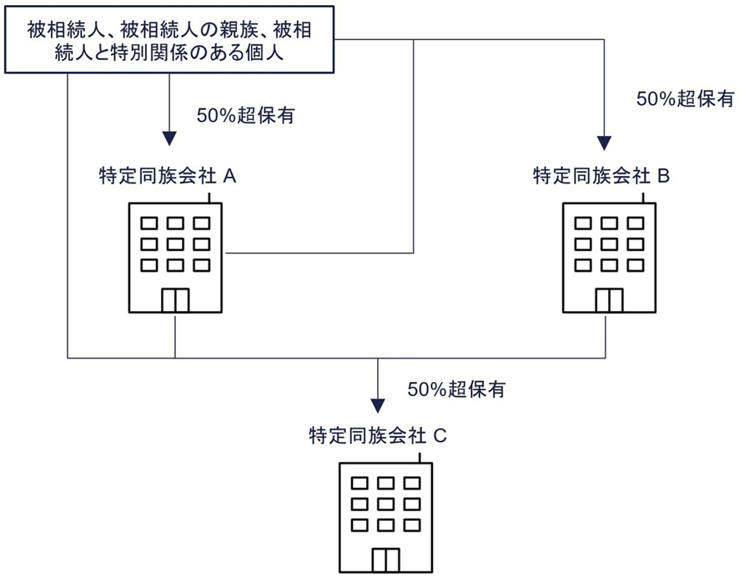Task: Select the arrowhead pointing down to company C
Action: (x=378, y=405)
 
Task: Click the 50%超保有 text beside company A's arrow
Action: (x=245, y=116)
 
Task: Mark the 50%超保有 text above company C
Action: (x=455, y=389)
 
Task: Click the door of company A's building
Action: (x=175, y=299)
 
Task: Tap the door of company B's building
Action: (x=609, y=299)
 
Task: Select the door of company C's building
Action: (x=385, y=559)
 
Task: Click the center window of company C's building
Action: (x=385, y=504)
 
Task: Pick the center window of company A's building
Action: (x=175, y=244)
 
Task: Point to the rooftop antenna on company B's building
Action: (x=643, y=198)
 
